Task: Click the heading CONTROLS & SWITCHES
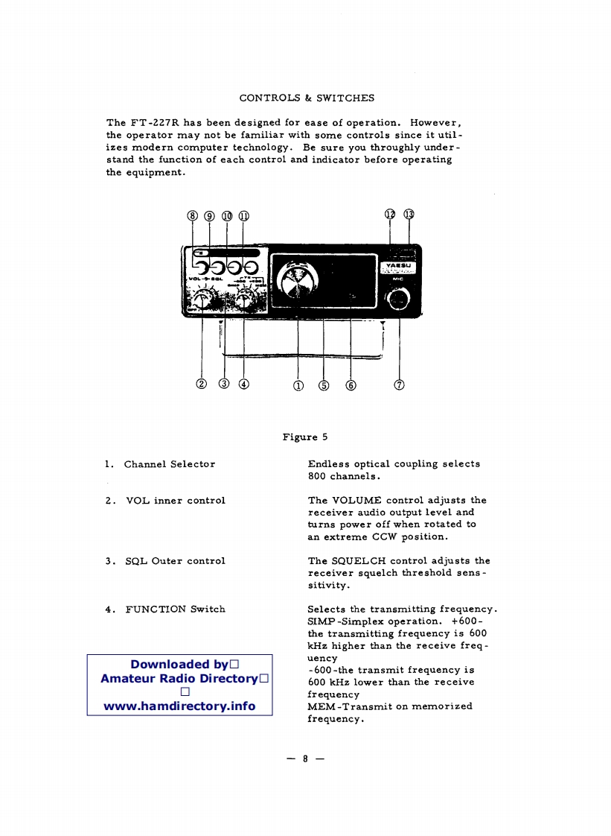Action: (307, 98)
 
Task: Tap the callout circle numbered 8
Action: (193, 216)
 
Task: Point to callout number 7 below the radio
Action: (400, 384)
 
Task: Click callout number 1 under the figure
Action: (298, 384)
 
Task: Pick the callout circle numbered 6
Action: (351, 384)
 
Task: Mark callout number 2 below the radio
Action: (201, 384)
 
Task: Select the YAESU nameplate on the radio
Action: (400, 267)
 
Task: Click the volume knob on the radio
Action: (202, 300)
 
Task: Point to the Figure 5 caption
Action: (305, 437)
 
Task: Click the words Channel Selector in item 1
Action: (170, 464)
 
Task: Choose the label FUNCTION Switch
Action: (176, 609)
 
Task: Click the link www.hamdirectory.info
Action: (179, 706)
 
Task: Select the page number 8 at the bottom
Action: (305, 759)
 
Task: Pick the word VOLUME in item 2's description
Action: (356, 500)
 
